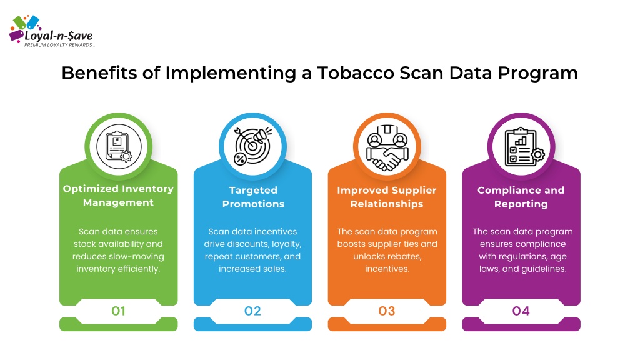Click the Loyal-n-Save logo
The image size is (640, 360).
coord(52,32)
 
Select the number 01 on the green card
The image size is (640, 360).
coord(118,311)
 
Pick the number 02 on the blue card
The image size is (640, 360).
coord(252,311)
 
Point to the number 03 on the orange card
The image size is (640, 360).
coord(387,311)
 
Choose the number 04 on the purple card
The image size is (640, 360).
coord(521,311)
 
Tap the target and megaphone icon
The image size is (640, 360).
coord(252,146)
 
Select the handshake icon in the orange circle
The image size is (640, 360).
coord(387,147)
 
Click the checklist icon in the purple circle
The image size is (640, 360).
coord(524,147)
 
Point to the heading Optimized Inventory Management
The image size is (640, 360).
coord(118,196)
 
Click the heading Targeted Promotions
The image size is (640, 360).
coord(253,197)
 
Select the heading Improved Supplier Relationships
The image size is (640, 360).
coord(387,197)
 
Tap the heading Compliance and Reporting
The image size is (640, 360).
coord(521,197)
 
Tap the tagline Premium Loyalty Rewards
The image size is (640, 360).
coord(59,45)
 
